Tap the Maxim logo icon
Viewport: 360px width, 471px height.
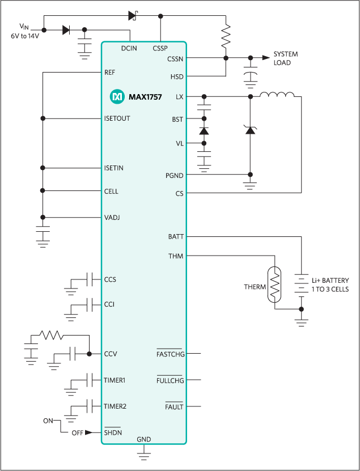(117, 97)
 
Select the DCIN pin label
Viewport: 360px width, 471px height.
(129, 48)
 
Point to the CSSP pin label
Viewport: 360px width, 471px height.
(160, 48)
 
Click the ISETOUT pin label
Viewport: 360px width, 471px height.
(117, 118)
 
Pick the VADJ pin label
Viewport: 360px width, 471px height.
(113, 217)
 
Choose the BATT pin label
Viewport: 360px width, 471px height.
(176, 236)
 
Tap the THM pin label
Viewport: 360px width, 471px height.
(176, 256)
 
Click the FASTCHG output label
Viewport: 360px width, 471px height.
(170, 355)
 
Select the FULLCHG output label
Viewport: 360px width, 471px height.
(170, 380)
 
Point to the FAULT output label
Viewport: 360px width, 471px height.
(174, 406)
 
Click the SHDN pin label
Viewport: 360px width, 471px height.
(113, 432)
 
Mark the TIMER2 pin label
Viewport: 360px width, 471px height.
(115, 406)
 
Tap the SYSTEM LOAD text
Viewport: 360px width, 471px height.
(286, 58)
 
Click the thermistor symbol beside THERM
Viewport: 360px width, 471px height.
(274, 287)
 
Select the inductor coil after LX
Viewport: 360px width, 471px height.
(277, 95)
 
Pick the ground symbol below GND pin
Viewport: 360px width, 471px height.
(145, 452)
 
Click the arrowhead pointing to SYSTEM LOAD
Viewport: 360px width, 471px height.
(265, 58)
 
